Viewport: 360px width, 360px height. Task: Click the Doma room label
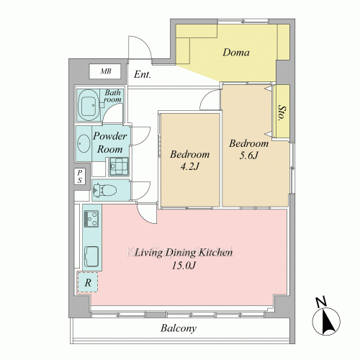(x=236, y=53)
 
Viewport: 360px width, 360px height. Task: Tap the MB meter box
(x=105, y=71)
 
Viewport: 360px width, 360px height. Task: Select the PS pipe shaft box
(x=80, y=176)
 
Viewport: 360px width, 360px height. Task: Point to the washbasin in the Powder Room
(x=84, y=143)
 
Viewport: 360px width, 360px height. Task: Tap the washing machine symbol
(x=119, y=166)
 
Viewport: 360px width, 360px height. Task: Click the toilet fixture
(x=104, y=190)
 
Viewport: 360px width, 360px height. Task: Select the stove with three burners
(x=91, y=219)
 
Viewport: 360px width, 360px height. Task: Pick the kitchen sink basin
(x=91, y=257)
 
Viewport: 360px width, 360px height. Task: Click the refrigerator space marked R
(x=88, y=282)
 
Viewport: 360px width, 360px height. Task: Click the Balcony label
(x=179, y=328)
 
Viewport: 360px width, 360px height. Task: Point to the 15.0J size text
(x=184, y=266)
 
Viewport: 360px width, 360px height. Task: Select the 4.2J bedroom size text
(x=190, y=166)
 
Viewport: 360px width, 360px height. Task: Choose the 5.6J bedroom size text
(x=248, y=156)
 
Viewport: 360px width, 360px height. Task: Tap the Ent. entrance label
(x=143, y=74)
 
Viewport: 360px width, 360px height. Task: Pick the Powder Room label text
(x=109, y=143)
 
